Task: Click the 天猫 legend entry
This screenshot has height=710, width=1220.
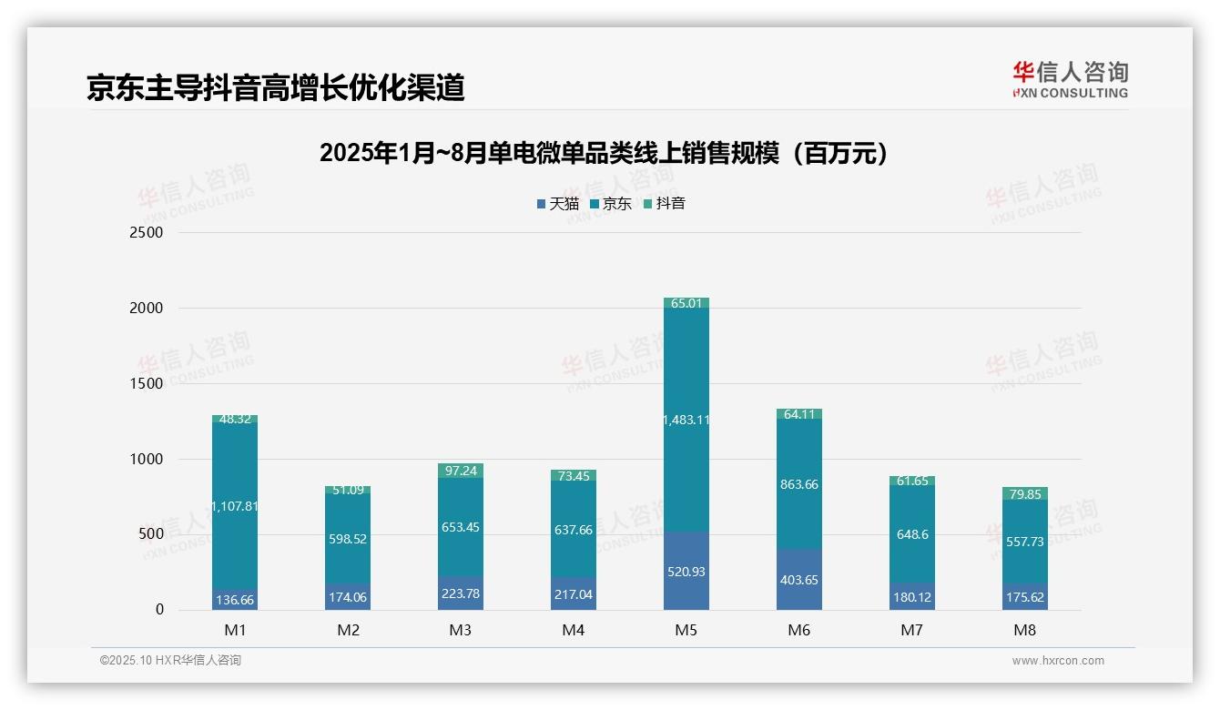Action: [x=558, y=204]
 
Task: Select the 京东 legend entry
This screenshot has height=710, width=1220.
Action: [x=611, y=204]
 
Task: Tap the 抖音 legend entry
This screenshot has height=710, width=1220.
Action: [x=665, y=204]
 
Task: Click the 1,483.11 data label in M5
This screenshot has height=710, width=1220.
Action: [x=686, y=420]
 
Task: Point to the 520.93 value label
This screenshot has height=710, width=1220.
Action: [x=686, y=572]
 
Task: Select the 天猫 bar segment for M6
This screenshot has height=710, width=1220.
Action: [x=798, y=580]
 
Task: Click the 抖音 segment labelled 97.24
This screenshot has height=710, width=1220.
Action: [x=461, y=471]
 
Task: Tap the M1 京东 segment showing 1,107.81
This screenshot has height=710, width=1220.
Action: [x=235, y=506]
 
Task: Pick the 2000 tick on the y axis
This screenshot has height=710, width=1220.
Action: [x=146, y=308]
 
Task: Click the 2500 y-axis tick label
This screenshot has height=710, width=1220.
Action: [x=146, y=232]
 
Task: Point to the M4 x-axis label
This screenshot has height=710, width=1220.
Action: [x=573, y=630]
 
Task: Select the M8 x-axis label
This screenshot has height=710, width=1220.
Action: [x=1024, y=630]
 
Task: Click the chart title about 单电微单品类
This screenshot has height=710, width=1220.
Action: [x=604, y=153]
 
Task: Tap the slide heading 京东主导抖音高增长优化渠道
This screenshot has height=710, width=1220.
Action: [x=276, y=87]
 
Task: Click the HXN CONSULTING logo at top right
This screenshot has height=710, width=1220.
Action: [x=1071, y=80]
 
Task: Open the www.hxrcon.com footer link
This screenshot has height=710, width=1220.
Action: [x=1058, y=661]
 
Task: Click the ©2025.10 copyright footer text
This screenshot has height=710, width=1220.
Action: [x=170, y=661]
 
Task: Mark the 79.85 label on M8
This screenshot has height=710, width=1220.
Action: [x=1024, y=494]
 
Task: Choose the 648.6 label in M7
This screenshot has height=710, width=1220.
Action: [x=911, y=534]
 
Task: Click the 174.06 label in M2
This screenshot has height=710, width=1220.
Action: [x=348, y=597]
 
